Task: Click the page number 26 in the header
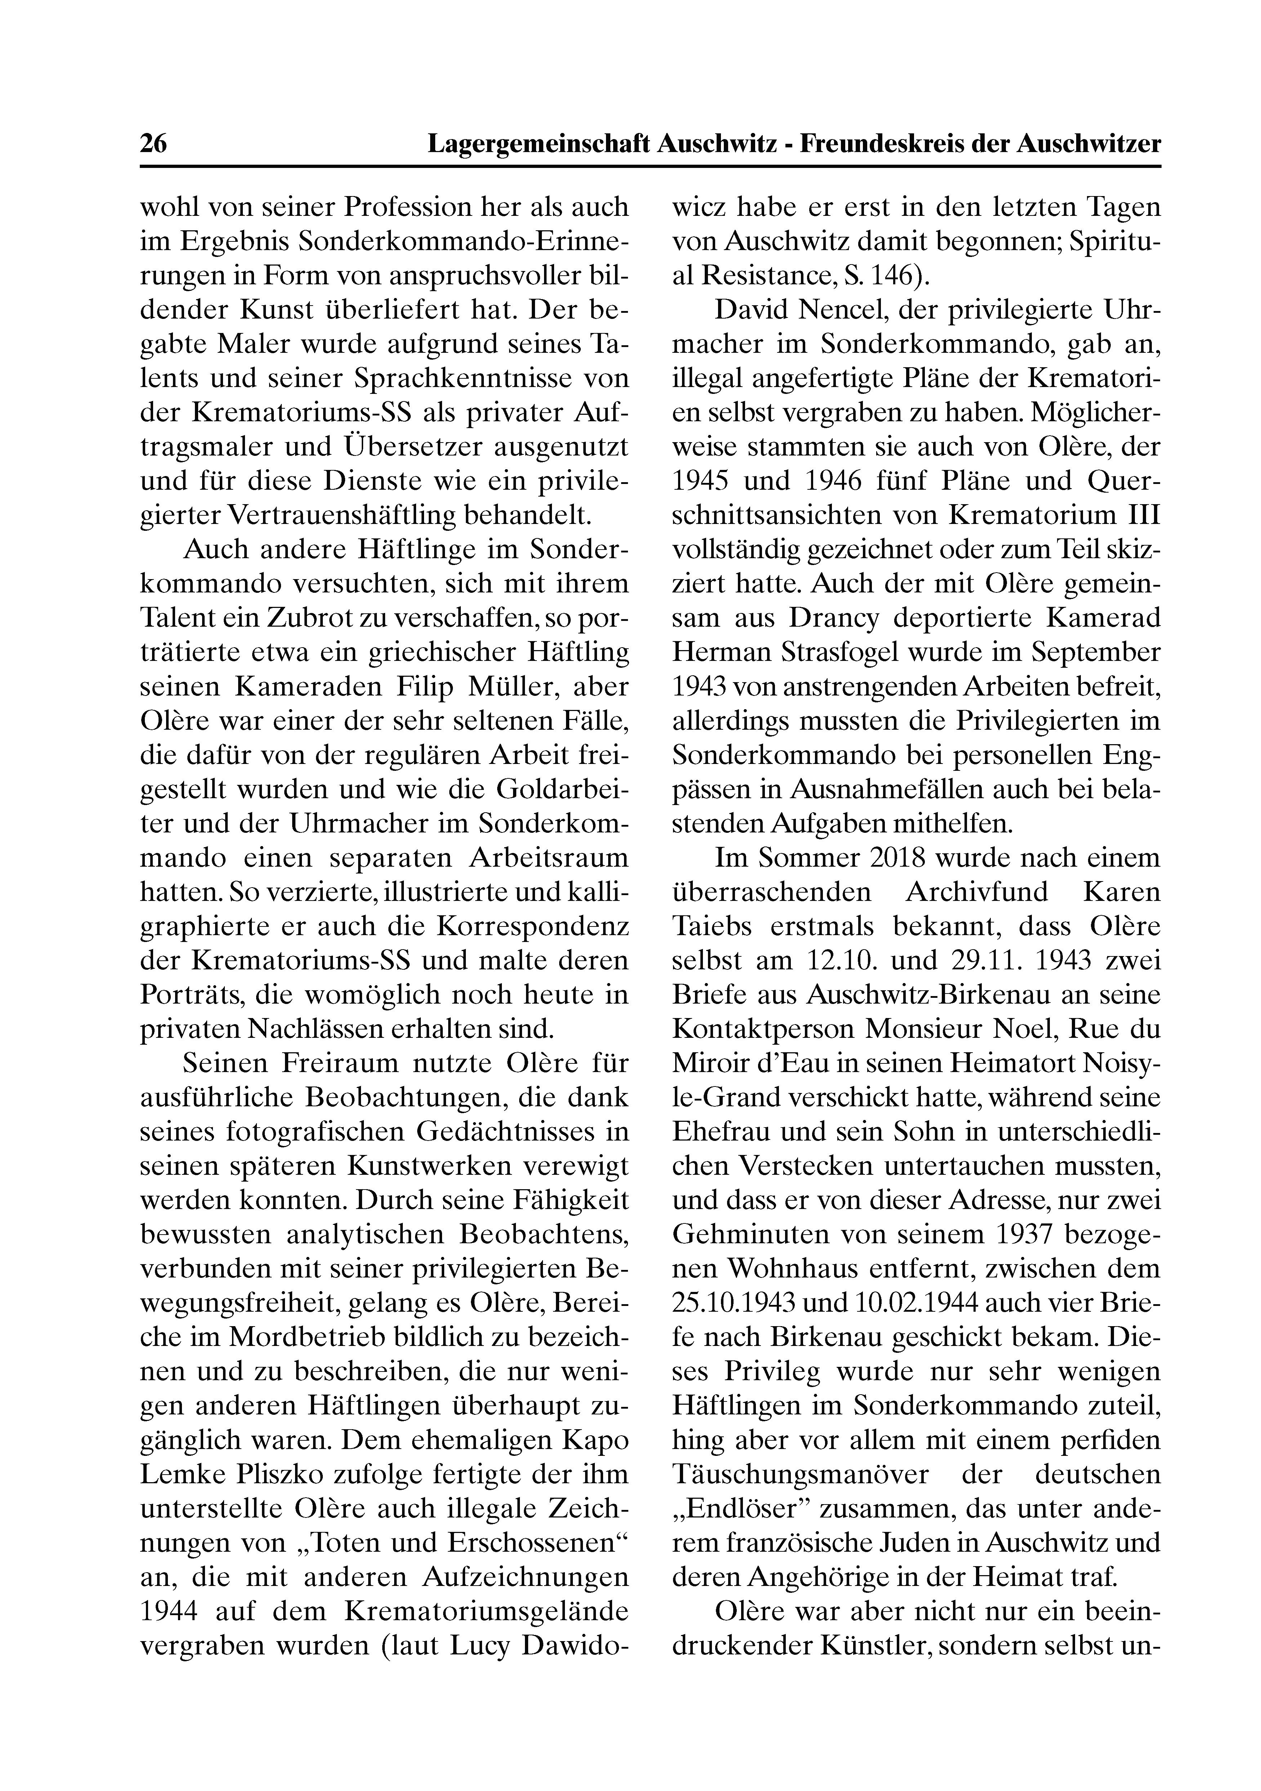(x=153, y=144)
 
